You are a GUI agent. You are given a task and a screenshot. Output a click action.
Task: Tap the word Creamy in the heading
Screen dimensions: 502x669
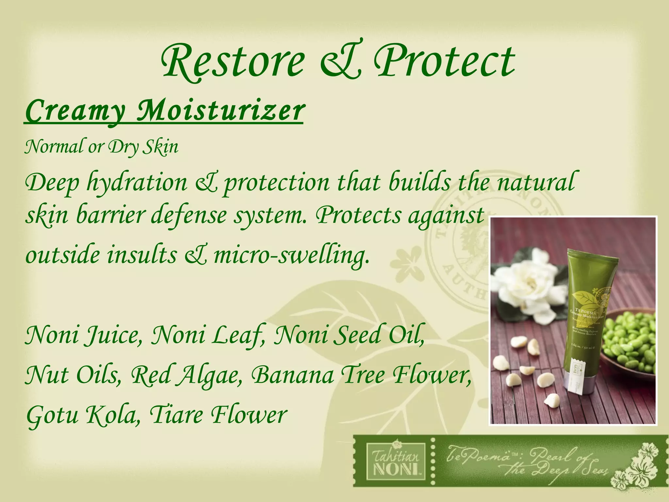(75, 111)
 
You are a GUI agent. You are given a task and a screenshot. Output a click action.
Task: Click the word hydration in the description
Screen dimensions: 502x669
(137, 183)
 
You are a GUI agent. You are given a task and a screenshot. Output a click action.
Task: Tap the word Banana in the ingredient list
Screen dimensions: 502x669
(292, 375)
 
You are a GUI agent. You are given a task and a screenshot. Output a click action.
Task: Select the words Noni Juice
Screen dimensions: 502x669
(84, 335)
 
